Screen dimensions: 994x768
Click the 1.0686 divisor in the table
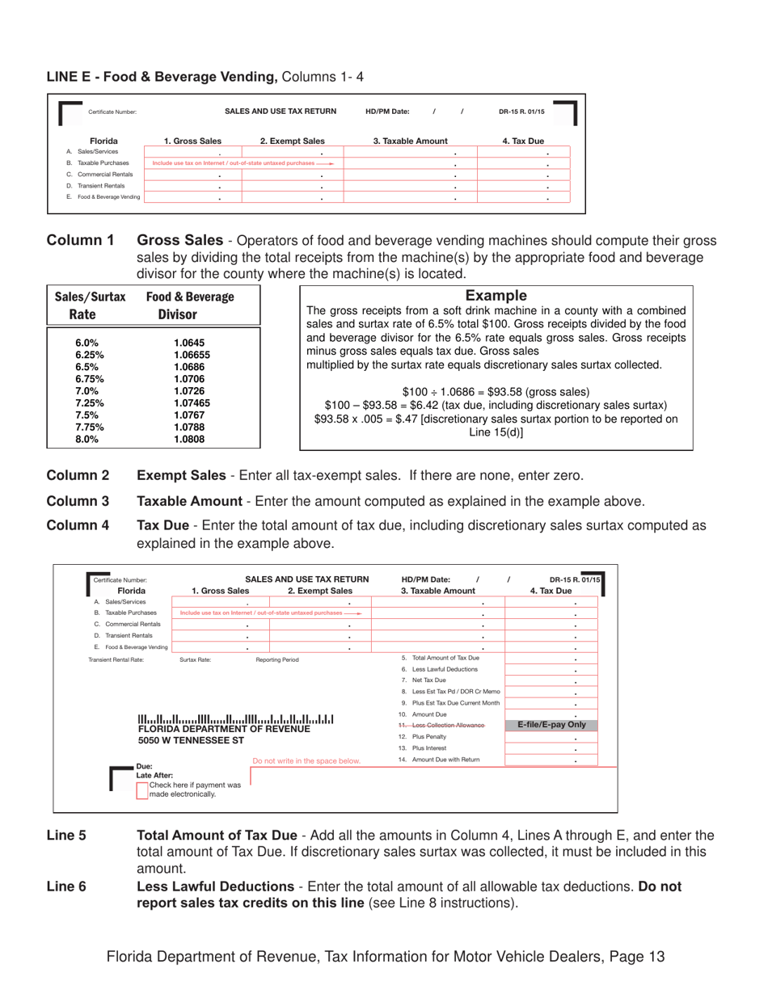188,367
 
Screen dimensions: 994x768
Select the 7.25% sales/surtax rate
89,403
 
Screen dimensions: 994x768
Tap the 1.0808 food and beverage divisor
188,440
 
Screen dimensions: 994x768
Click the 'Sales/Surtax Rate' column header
90,305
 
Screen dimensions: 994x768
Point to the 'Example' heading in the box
496,296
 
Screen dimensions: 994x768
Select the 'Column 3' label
78,501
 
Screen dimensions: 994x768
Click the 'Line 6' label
66,887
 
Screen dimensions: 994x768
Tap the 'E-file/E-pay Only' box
551,725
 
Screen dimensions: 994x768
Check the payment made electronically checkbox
142,790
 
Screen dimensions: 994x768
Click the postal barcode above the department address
235,718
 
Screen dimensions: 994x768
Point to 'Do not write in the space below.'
306,760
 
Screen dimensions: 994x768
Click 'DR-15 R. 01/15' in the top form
521,112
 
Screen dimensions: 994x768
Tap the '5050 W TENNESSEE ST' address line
191,740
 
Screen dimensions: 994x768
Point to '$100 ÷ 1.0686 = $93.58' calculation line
496,391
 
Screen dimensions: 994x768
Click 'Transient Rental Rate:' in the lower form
116,659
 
